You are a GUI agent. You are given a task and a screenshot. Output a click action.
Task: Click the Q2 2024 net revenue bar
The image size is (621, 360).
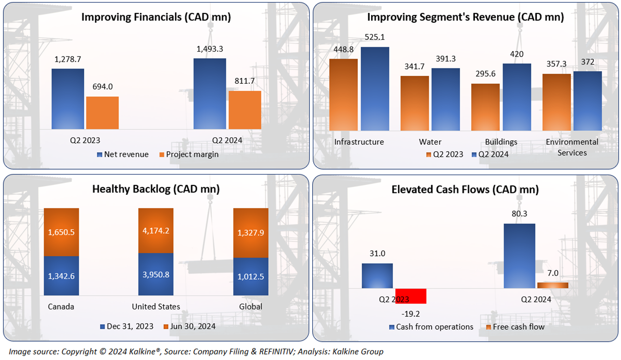[210, 94]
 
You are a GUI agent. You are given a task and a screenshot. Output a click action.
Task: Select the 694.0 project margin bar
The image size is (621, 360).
[103, 113]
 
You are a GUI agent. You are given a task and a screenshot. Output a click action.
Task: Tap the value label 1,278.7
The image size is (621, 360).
[67, 59]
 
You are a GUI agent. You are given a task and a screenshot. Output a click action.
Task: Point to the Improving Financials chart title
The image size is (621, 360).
[156, 17]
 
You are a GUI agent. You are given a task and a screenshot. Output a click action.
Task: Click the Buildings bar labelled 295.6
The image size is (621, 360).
[485, 107]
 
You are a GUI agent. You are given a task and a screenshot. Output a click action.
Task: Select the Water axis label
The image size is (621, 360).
[430, 142]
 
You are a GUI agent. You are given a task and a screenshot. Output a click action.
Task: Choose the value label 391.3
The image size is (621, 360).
[445, 59]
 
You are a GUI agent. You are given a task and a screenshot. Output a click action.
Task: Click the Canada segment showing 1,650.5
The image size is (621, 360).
[61, 232]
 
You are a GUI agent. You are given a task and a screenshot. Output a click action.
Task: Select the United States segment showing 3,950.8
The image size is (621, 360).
[156, 274]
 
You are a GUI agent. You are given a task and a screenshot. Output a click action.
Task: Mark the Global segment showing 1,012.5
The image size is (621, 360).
[250, 276]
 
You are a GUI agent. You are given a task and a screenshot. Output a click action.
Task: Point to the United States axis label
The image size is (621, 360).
[156, 306]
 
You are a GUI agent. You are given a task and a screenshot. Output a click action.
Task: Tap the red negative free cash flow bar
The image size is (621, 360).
[411, 296]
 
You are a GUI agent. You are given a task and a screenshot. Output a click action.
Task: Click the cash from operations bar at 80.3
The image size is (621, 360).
[519, 256]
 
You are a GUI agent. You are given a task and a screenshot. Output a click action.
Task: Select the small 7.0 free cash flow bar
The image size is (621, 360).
[553, 285]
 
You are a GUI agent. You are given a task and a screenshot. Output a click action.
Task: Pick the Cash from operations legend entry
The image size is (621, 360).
[430, 327]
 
